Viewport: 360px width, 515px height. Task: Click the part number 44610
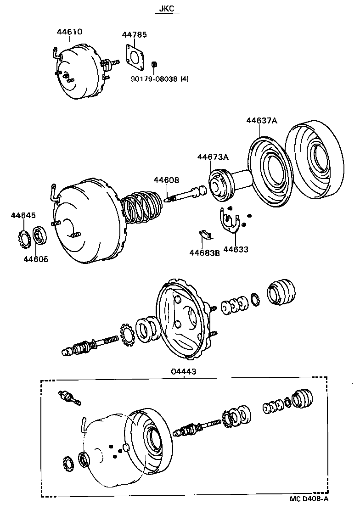coord(69,32)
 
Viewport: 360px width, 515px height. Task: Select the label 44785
coord(134,35)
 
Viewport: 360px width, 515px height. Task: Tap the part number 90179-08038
coord(154,79)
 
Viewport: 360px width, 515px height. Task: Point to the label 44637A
coord(262,120)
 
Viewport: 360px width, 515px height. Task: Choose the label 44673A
coord(213,157)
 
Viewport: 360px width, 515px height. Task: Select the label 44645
coord(23,215)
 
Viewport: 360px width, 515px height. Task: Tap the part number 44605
coord(36,258)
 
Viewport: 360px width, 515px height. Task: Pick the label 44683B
coord(205,252)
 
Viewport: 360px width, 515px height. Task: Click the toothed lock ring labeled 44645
coord(22,239)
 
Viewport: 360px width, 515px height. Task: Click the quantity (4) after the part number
coord(184,79)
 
